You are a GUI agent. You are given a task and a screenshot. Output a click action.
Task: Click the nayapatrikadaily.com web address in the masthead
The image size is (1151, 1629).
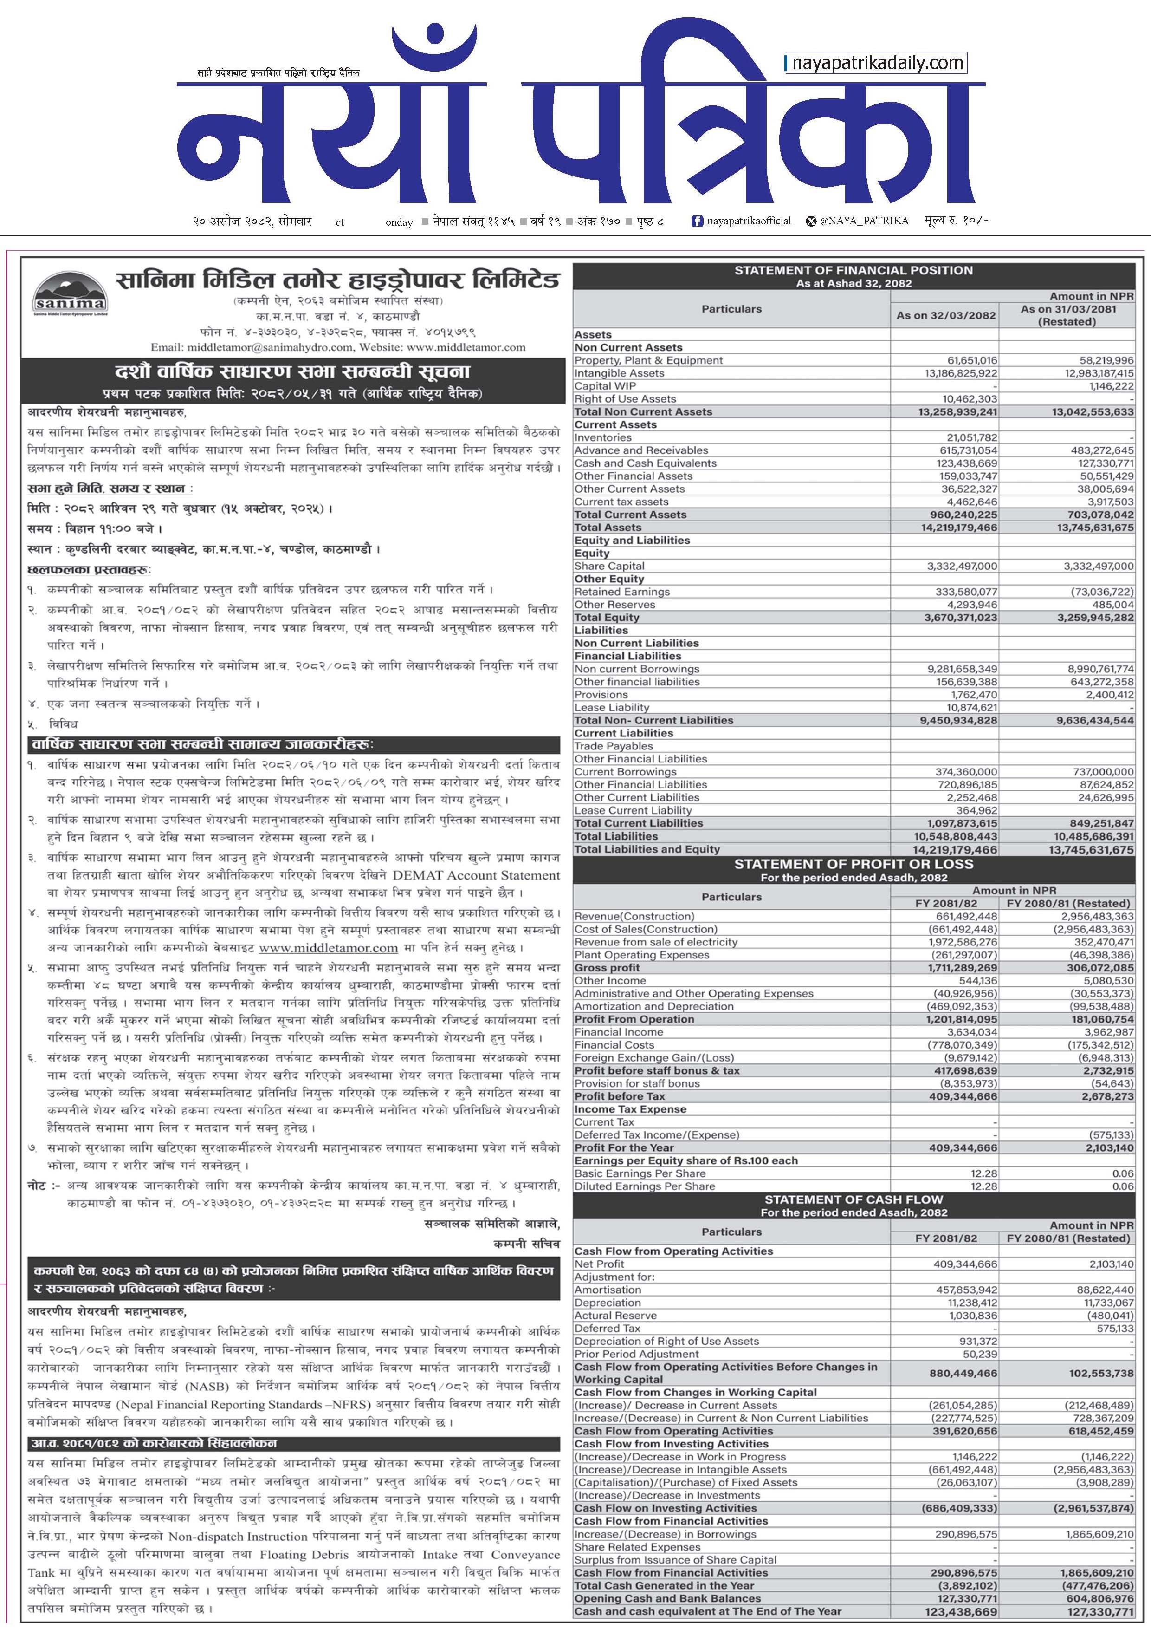pyautogui.click(x=877, y=63)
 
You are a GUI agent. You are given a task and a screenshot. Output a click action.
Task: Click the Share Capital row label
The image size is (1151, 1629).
pyautogui.click(x=609, y=566)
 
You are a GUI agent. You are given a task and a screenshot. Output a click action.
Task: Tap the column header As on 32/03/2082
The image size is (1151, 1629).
pyautogui.click(x=945, y=315)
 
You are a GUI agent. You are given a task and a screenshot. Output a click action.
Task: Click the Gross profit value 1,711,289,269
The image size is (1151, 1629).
pyautogui.click(x=958, y=968)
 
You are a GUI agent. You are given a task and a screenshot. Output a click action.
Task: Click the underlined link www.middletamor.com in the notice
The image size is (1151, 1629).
pyautogui.click(x=328, y=948)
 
